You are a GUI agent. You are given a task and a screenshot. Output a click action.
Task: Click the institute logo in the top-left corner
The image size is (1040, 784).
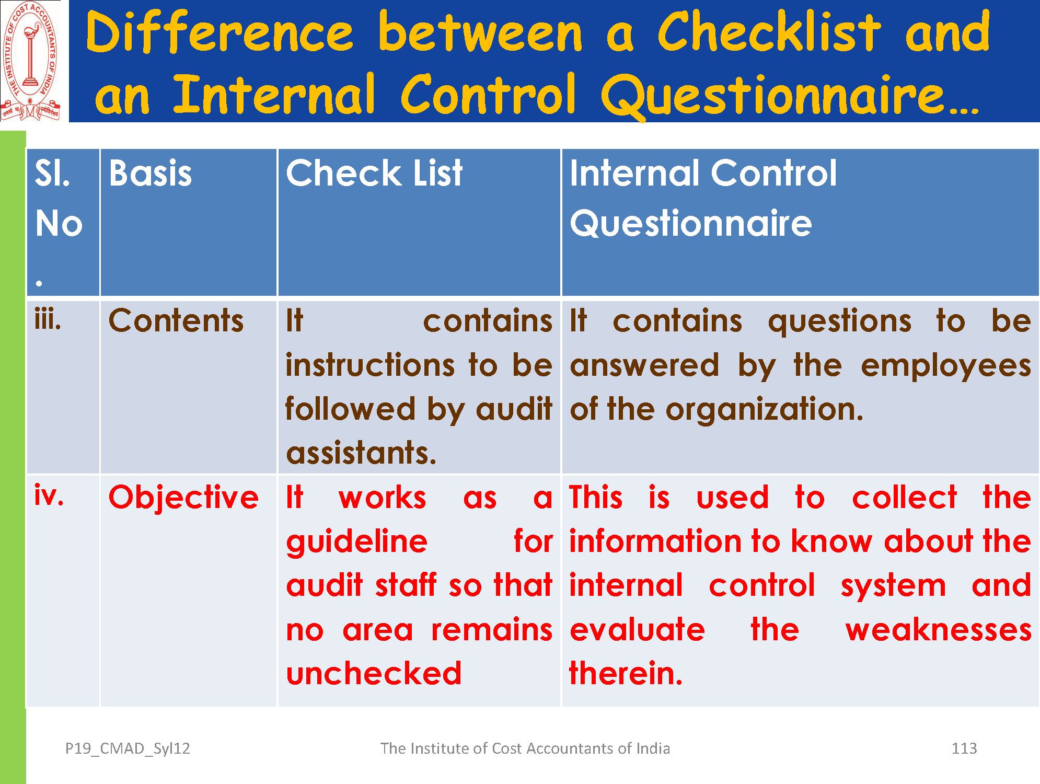(x=31, y=61)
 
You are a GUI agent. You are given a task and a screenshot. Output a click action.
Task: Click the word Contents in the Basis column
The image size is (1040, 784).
(x=176, y=320)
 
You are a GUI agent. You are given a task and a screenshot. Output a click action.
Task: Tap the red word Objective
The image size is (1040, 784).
(x=183, y=497)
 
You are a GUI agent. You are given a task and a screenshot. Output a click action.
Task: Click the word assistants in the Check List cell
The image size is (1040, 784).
(x=361, y=453)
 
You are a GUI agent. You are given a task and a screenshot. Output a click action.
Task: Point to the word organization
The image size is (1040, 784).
(x=764, y=409)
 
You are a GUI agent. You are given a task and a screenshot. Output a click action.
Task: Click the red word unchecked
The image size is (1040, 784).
(x=374, y=673)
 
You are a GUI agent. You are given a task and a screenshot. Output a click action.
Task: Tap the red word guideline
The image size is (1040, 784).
(x=357, y=541)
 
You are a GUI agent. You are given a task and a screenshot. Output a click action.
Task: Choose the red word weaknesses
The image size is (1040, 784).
(x=939, y=630)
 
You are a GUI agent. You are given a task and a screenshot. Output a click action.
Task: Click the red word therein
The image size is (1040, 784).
(x=626, y=673)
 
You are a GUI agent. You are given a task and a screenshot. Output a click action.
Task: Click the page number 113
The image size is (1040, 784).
(x=964, y=748)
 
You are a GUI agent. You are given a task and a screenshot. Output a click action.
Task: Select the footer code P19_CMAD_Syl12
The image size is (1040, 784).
(x=128, y=749)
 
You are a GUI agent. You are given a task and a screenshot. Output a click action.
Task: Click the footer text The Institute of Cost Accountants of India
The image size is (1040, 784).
(x=525, y=748)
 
